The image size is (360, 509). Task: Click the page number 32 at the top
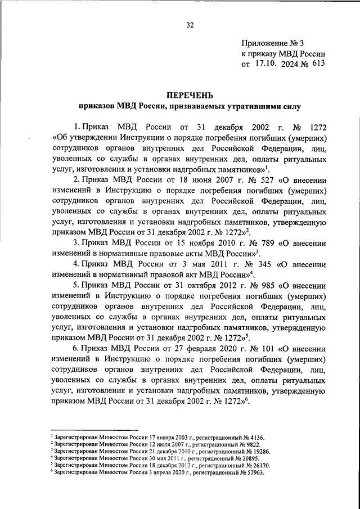(190, 25)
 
